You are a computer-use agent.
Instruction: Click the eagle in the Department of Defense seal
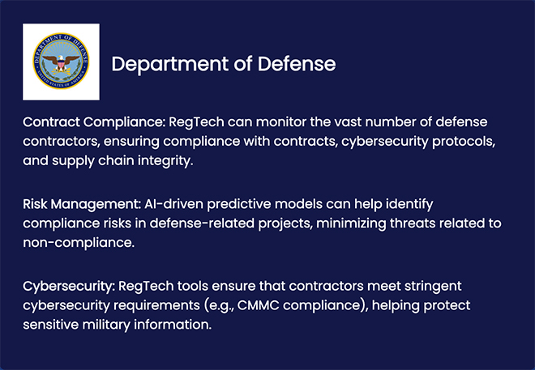[61, 62]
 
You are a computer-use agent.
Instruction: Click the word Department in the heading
[170, 65]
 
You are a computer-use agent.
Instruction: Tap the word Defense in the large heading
[297, 64]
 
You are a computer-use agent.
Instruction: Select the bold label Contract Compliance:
[94, 122]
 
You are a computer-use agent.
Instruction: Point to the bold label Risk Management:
[82, 204]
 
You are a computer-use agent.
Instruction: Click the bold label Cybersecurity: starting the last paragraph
[69, 287]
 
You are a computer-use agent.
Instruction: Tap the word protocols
[464, 142]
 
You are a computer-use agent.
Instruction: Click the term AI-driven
[173, 204]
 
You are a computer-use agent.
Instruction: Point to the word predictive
[239, 204]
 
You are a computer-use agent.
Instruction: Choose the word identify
[409, 204]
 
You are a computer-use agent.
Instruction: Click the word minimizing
[351, 223]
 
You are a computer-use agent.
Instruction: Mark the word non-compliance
[79, 243]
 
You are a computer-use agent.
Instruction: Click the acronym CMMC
[259, 305]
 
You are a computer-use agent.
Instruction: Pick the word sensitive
[51, 325]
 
